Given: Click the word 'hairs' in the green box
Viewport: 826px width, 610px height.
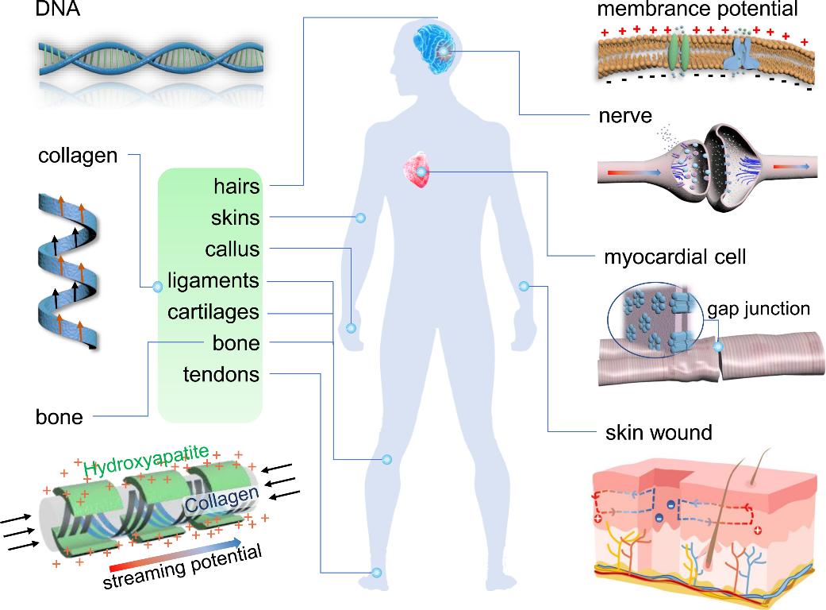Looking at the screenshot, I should (x=236, y=186).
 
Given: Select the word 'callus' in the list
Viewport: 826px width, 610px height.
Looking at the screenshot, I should (x=232, y=249).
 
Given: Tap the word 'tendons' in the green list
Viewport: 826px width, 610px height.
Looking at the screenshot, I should (x=221, y=374).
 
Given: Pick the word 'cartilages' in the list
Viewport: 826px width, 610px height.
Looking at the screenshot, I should (x=213, y=312).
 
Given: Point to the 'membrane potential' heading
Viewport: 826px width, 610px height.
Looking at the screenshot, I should (x=697, y=10).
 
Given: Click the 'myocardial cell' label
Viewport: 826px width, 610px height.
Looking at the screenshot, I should (x=674, y=257).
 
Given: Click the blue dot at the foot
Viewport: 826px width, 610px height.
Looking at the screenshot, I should (x=376, y=573).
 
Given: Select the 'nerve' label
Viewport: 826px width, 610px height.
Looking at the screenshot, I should (x=625, y=117).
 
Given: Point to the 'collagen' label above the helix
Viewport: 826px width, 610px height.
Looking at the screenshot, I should (x=78, y=156).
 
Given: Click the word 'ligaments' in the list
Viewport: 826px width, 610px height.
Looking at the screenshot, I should (x=213, y=281).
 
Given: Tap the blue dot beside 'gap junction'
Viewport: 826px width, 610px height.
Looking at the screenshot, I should (x=718, y=346).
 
